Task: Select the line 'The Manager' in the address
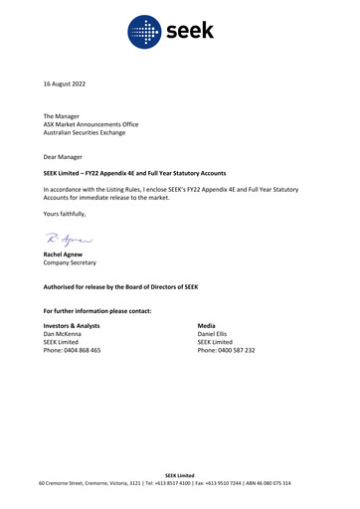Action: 62,116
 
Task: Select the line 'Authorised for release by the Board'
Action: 120,287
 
